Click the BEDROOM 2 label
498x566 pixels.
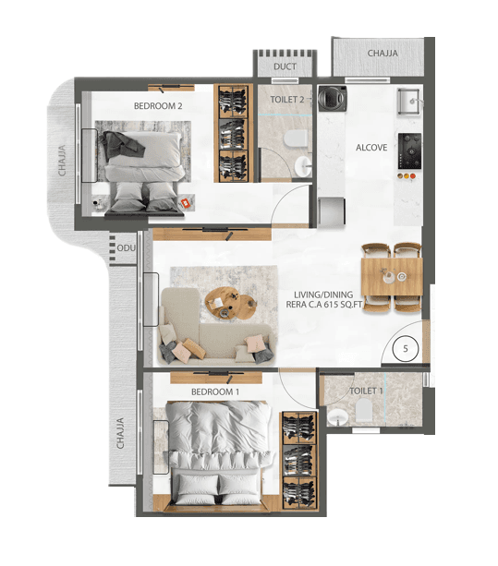158,106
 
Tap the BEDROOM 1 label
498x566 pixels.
215,391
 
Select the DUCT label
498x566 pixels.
284,66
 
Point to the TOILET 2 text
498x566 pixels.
287,99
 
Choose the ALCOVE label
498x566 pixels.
371,147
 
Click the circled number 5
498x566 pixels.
406,349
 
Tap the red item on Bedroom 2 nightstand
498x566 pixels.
185,201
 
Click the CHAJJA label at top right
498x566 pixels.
382,54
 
